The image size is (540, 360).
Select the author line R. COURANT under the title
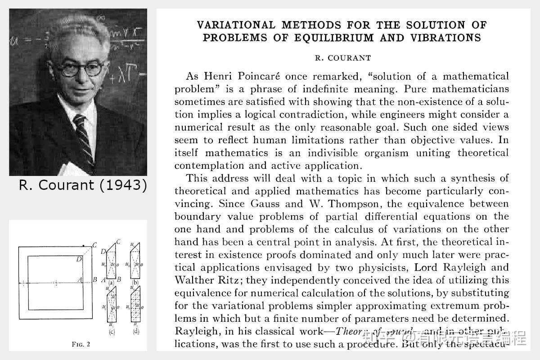(x=342, y=58)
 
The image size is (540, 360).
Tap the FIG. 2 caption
(x=81, y=345)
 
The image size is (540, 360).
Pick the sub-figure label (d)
(x=136, y=333)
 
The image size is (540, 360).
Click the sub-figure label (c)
(x=111, y=333)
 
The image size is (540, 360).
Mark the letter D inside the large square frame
(x=79, y=259)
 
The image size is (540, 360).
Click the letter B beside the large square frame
(x=94, y=279)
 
